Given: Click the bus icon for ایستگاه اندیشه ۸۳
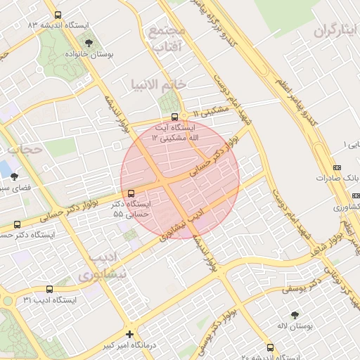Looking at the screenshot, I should point(58,14).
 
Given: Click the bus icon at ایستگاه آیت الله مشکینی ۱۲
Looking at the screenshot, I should point(174,118).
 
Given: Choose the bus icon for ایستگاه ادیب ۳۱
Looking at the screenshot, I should point(49,289).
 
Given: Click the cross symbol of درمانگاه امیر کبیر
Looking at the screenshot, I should point(129,334).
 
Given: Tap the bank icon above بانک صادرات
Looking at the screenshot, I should point(337,167).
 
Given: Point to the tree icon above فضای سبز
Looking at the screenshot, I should point(15,176).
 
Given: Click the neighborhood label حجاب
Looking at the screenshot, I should point(25,149).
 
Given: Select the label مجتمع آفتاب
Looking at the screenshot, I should point(167,39).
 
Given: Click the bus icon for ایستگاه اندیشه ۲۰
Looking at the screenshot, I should point(270,347).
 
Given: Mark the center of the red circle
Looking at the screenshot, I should point(180,180).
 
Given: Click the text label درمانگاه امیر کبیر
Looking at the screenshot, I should point(104,346).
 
